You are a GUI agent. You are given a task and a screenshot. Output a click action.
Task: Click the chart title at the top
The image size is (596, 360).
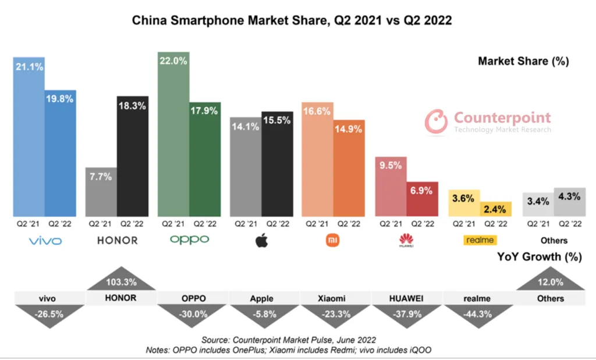click(x=292, y=20)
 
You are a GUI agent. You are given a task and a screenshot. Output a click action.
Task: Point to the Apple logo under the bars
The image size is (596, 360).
click(x=262, y=240)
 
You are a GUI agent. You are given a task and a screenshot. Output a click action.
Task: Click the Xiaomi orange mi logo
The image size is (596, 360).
click(x=334, y=240)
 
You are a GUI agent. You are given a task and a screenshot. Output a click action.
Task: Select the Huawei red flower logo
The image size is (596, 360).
click(x=406, y=240)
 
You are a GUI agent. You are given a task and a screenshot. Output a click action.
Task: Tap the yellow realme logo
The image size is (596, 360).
click(x=479, y=240)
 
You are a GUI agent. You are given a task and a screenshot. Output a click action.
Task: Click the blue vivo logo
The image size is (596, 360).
click(x=45, y=240)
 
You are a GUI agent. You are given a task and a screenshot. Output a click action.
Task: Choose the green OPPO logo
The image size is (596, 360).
click(x=189, y=240)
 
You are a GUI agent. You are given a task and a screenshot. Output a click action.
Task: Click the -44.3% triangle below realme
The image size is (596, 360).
click(x=478, y=315)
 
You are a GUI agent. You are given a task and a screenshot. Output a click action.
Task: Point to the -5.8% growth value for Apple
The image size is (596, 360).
click(x=261, y=314)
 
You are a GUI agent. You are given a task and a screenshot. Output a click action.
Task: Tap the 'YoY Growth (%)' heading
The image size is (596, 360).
click(x=539, y=256)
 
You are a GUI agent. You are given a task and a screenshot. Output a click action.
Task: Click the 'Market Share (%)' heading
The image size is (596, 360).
click(x=523, y=61)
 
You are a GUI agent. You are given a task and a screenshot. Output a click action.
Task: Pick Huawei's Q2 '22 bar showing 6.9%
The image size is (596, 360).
click(x=422, y=199)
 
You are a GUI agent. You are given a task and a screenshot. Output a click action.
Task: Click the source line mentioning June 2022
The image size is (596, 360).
click(x=289, y=340)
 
